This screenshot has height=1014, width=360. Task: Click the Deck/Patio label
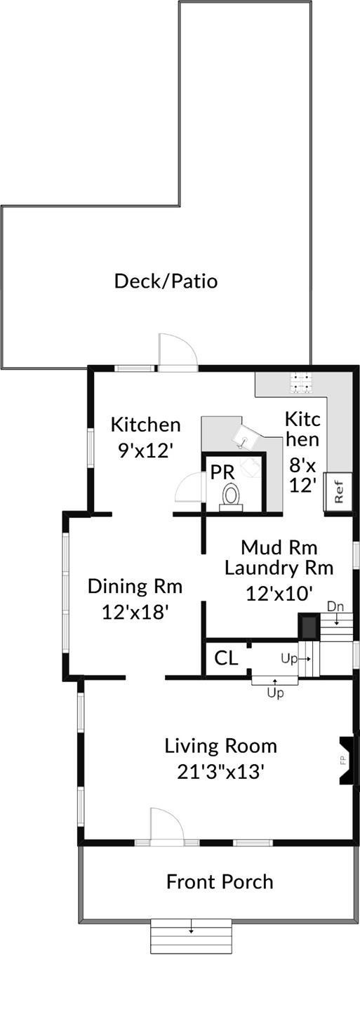166,281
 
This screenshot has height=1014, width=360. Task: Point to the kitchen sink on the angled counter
244,440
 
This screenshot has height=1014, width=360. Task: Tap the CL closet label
226,658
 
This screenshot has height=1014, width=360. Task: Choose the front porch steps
191,936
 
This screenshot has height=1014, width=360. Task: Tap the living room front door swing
166,825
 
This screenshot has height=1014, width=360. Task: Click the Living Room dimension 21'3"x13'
220,772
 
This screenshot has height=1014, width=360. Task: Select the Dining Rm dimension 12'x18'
135,612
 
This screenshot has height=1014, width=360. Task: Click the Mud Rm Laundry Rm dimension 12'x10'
278,593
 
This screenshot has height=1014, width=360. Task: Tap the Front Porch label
220,881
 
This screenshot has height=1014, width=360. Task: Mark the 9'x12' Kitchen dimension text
145,450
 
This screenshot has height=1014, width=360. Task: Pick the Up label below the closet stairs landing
275,692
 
